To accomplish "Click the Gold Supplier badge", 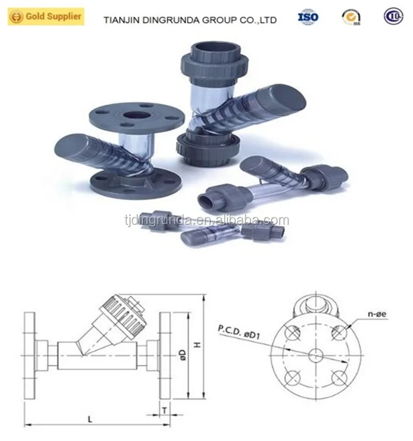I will pyautogui.click(x=47, y=17).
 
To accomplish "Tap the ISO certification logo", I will pyautogui.click(x=308, y=17).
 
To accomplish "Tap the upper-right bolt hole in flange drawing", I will pyautogui.click(x=340, y=332).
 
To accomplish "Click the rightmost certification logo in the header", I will pyautogui.click(x=393, y=17).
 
